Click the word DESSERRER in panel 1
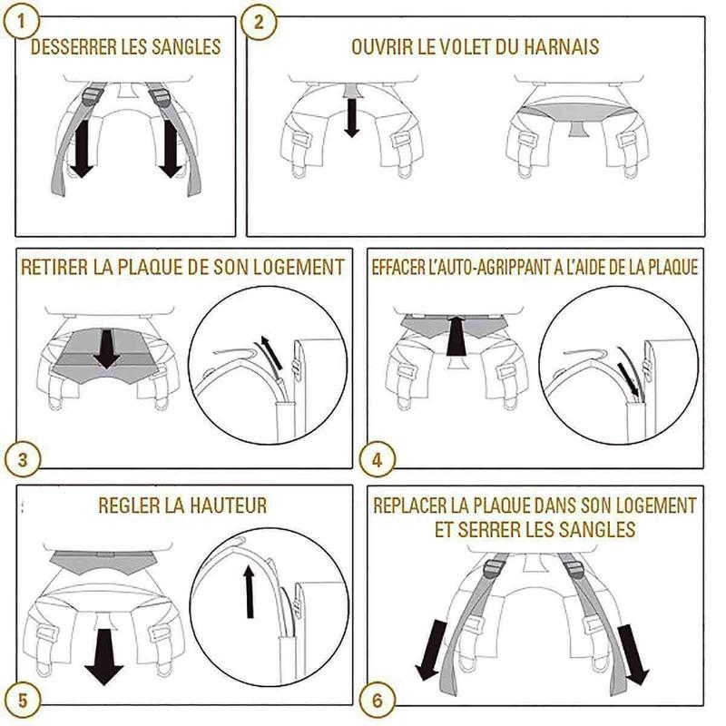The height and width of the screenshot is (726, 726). coord(70,47)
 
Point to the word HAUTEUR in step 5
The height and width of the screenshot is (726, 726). coord(228,505)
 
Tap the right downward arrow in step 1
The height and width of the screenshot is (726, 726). coord(169,149)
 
